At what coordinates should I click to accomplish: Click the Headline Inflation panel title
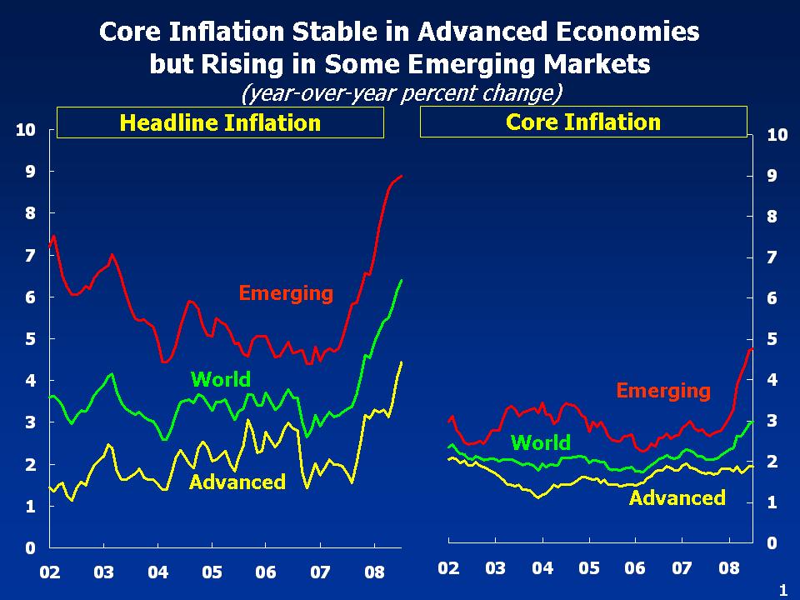pyautogui.click(x=220, y=123)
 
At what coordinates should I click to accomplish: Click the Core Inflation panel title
pyautogui.click(x=582, y=122)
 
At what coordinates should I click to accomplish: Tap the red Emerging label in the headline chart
pyautogui.click(x=286, y=293)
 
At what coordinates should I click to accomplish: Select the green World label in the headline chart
pyautogui.click(x=221, y=380)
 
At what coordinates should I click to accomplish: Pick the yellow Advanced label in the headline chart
pyautogui.click(x=237, y=482)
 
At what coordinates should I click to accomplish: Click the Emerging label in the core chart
pyautogui.click(x=663, y=390)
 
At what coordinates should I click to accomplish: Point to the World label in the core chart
pyautogui.click(x=540, y=442)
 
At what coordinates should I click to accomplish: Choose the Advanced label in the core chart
pyautogui.click(x=677, y=498)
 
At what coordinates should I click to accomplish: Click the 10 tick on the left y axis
pyautogui.click(x=25, y=130)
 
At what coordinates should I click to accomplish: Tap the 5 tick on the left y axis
pyautogui.click(x=29, y=339)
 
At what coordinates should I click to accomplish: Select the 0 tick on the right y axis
pyautogui.click(x=772, y=543)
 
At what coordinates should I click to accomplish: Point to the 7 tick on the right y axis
pyautogui.click(x=772, y=257)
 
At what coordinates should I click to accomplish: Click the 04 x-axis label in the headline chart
pyautogui.click(x=158, y=573)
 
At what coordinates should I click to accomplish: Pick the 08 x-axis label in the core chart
pyautogui.click(x=729, y=569)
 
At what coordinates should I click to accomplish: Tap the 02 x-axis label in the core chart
pyautogui.click(x=448, y=569)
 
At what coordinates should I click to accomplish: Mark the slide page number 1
pyautogui.click(x=782, y=590)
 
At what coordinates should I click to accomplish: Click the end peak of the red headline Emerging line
pyautogui.click(x=402, y=176)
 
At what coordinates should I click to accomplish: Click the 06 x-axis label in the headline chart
pyautogui.click(x=266, y=573)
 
